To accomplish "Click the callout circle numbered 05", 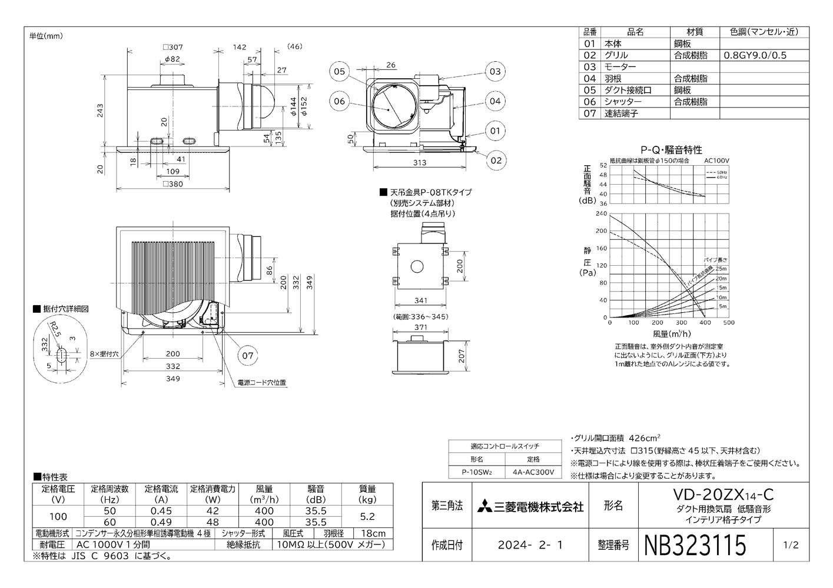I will pyautogui.click(x=340, y=72).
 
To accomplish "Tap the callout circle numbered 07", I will pyautogui.click(x=248, y=355).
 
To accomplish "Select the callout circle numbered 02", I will pyautogui.click(x=496, y=160).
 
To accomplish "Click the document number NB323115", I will pyautogui.click(x=696, y=545).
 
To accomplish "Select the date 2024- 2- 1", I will pyautogui.click(x=530, y=545).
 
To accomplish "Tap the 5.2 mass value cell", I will pyautogui.click(x=367, y=516).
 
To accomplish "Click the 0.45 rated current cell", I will pyautogui.click(x=161, y=511).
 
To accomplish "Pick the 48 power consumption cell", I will pyautogui.click(x=213, y=522).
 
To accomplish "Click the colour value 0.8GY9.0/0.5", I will pyautogui.click(x=755, y=55).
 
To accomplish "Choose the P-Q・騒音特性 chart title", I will pyautogui.click(x=671, y=150).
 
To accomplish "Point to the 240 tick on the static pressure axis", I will pyautogui.click(x=601, y=213).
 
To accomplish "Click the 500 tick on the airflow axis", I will pyautogui.click(x=728, y=323).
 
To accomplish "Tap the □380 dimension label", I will pyautogui.click(x=172, y=184).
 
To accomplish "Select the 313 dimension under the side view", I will pyautogui.click(x=419, y=163).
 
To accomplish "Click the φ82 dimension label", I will pyautogui.click(x=171, y=59).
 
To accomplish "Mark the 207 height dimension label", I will pyautogui.click(x=462, y=356).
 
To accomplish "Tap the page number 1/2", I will pyautogui.click(x=791, y=545).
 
